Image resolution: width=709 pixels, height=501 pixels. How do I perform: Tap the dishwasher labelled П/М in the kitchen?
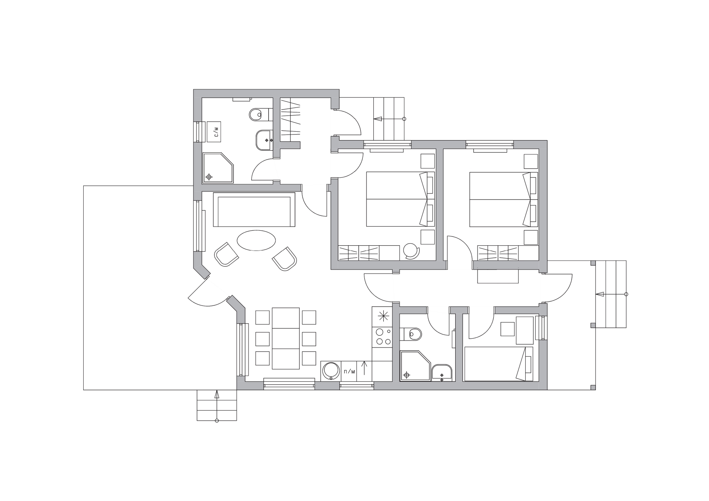(x=349, y=371)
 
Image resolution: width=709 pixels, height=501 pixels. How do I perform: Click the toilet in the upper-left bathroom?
(x=259, y=115)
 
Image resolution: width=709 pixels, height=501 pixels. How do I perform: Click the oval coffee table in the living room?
(x=256, y=240)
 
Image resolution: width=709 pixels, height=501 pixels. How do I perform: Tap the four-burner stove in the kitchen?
(x=382, y=337)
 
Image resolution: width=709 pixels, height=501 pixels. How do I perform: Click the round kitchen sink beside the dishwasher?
(x=331, y=371)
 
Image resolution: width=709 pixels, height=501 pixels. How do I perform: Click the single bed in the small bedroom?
(x=499, y=364)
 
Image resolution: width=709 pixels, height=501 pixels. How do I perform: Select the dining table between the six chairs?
(x=286, y=338)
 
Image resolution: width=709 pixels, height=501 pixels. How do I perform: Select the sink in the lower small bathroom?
(x=442, y=373)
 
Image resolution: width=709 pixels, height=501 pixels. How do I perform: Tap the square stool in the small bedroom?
(x=508, y=329)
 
